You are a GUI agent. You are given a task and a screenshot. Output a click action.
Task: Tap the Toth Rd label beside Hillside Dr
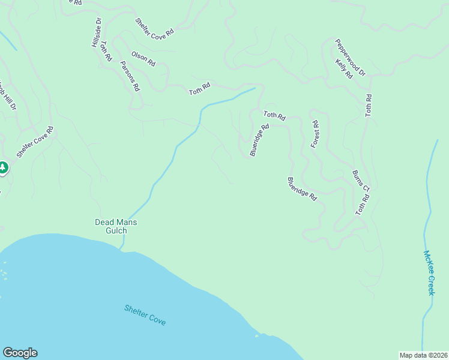click(x=106, y=52)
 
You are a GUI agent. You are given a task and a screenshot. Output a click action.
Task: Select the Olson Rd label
click(x=143, y=58)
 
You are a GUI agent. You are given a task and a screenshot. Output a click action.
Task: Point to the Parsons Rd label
click(x=130, y=76)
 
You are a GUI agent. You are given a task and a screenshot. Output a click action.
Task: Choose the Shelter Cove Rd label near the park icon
click(x=35, y=142)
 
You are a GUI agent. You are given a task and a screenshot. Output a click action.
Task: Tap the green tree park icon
click(x=2, y=167)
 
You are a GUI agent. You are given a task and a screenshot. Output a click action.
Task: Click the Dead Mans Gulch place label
click(x=116, y=226)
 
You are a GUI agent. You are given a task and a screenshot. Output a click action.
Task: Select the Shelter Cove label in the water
click(x=145, y=315)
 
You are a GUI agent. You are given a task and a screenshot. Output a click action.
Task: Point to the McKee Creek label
click(x=429, y=272)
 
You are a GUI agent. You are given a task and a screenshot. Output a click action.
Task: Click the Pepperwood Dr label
click(x=351, y=58)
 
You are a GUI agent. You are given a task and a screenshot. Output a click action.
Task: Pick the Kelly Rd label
click(x=344, y=68)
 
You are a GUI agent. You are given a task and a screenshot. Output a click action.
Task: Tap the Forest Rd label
click(x=315, y=134)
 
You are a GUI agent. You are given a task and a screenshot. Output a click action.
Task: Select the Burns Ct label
click(x=361, y=181)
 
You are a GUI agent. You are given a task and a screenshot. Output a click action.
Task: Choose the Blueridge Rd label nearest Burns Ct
click(x=302, y=188)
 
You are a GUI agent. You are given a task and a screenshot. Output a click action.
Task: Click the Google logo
click(x=20, y=353)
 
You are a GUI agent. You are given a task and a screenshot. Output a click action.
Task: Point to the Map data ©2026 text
click(x=423, y=355)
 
